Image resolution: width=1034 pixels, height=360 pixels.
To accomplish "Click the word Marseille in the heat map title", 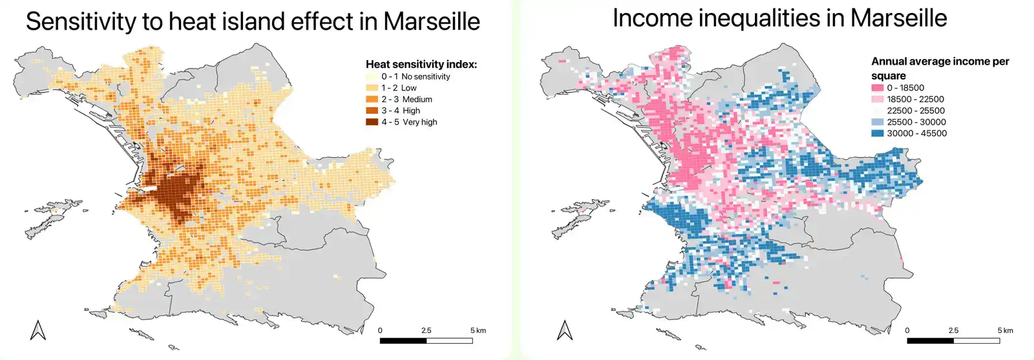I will [x=431, y=21].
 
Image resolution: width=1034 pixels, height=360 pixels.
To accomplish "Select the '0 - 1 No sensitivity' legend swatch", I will [x=372, y=76].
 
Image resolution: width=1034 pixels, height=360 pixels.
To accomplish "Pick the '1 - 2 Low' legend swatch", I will [x=372, y=88].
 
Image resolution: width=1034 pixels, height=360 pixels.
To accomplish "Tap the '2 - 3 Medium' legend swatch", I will [x=372, y=100].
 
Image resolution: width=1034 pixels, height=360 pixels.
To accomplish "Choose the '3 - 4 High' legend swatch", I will [x=372, y=111].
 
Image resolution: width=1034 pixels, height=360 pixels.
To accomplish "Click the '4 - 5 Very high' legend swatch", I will [x=372, y=122].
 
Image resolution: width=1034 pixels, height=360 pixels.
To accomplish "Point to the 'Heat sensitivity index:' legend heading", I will [x=421, y=64].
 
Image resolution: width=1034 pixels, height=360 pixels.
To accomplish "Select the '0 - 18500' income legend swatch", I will [x=877, y=88].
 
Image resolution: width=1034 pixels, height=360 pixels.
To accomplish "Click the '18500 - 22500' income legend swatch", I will [x=877, y=100].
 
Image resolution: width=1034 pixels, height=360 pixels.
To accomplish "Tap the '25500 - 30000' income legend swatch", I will [x=877, y=122].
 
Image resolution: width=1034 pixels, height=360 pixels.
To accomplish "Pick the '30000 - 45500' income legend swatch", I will [x=877, y=134].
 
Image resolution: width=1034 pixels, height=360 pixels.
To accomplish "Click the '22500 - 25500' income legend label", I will [x=916, y=111].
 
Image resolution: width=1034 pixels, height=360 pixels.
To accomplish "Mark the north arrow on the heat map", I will [x=38, y=330].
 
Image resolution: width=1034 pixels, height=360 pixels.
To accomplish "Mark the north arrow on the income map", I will [x=565, y=330].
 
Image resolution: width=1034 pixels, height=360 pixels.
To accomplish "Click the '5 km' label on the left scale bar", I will [x=478, y=330].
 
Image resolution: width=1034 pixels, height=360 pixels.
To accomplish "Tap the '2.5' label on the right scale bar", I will [x=953, y=330].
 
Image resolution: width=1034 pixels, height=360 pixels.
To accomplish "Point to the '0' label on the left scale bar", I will [x=380, y=330].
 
